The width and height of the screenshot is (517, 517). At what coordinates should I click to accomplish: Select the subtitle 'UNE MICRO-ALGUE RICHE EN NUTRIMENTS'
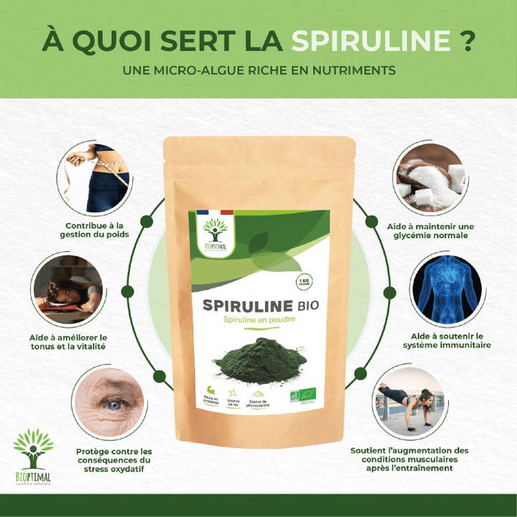[x=258, y=73]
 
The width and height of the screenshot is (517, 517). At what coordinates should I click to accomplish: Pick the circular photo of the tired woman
[x=68, y=289]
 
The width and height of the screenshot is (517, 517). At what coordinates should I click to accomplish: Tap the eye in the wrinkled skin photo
[x=113, y=405]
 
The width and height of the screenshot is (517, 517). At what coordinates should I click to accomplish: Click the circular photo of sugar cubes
[x=429, y=179]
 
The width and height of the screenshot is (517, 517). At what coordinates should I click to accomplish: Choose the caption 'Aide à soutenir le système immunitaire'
[x=450, y=340]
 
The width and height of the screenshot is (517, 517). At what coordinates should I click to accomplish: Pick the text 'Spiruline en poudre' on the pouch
[x=259, y=318]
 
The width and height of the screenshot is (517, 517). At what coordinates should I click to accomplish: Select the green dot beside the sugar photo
[x=371, y=222]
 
